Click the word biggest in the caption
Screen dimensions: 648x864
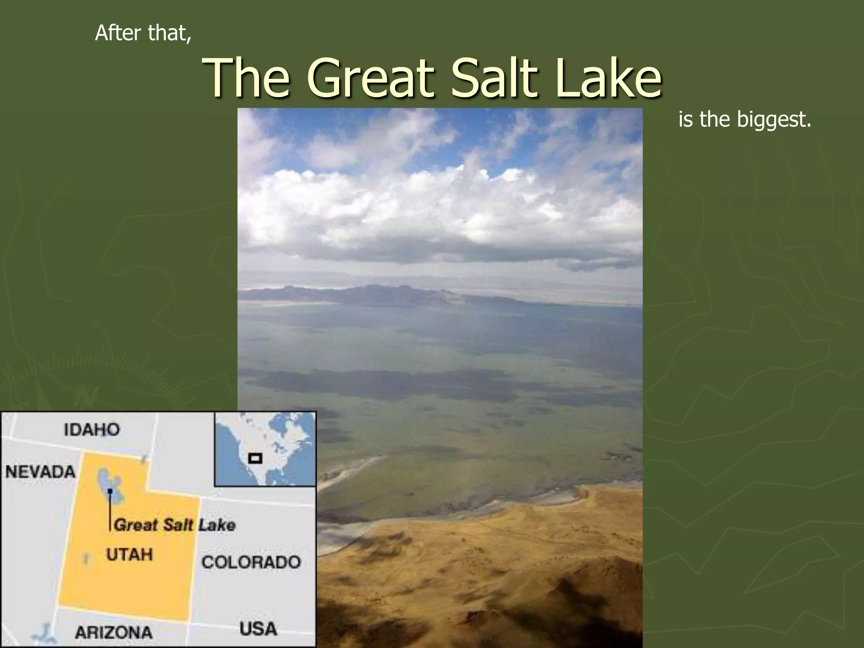[774, 120]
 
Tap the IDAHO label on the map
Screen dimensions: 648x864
[92, 429]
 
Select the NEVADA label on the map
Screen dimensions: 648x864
[40, 472]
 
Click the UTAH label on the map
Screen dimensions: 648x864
[129, 554]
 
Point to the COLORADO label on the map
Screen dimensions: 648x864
[251, 562]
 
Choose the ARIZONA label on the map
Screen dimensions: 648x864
[113, 632]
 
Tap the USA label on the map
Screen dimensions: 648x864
[258, 629]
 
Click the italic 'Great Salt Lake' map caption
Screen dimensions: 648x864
[175, 525]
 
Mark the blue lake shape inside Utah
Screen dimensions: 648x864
[107, 481]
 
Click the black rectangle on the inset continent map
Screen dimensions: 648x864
[255, 458]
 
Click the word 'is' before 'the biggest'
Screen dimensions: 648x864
[686, 120]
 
